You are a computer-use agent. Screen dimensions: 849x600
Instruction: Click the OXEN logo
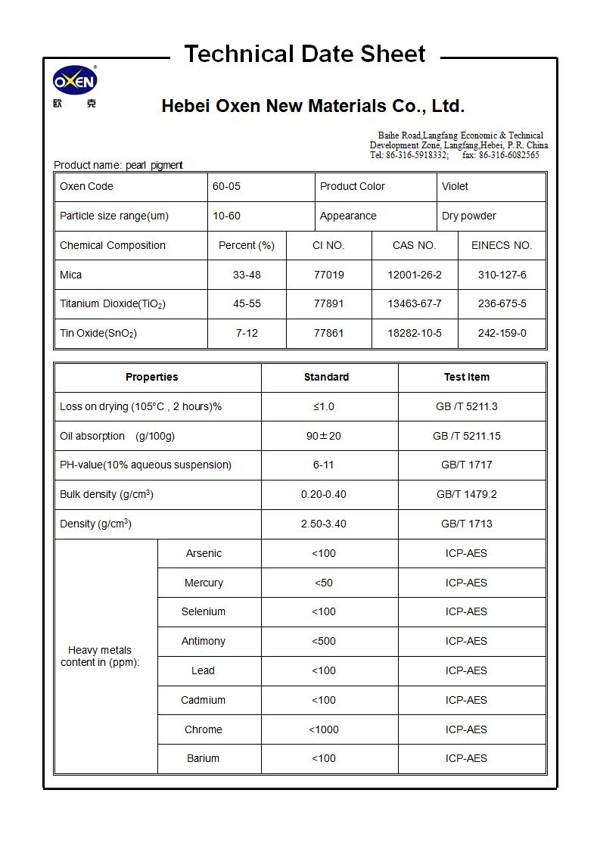(75, 81)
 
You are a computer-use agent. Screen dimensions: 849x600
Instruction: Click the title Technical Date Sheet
(305, 54)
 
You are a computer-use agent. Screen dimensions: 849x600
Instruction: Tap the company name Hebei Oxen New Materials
(312, 106)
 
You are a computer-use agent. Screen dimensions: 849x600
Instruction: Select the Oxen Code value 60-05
(226, 187)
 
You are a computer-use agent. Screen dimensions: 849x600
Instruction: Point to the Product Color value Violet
(455, 187)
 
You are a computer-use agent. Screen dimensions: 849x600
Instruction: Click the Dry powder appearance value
(468, 216)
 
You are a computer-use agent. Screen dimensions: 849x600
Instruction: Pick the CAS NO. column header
(414, 246)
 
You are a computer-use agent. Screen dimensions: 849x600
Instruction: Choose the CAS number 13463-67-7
(414, 304)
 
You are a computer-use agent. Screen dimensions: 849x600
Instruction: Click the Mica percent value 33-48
(247, 275)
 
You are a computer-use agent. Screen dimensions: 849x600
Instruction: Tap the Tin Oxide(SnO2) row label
(98, 334)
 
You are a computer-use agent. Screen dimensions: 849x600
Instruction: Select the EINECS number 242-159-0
(502, 334)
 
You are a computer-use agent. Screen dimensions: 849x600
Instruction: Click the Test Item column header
(466, 378)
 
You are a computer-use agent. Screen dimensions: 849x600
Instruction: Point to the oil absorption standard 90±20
(323, 437)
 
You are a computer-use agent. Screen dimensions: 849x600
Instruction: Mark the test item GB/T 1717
(466, 465)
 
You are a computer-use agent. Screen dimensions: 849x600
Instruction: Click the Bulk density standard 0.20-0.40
(323, 495)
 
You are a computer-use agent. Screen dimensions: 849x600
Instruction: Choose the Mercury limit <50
(323, 583)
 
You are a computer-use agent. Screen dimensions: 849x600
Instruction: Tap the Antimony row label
(204, 642)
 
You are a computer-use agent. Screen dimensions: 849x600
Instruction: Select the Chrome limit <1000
(323, 730)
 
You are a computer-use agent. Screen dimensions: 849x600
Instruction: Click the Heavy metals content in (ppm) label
(100, 657)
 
